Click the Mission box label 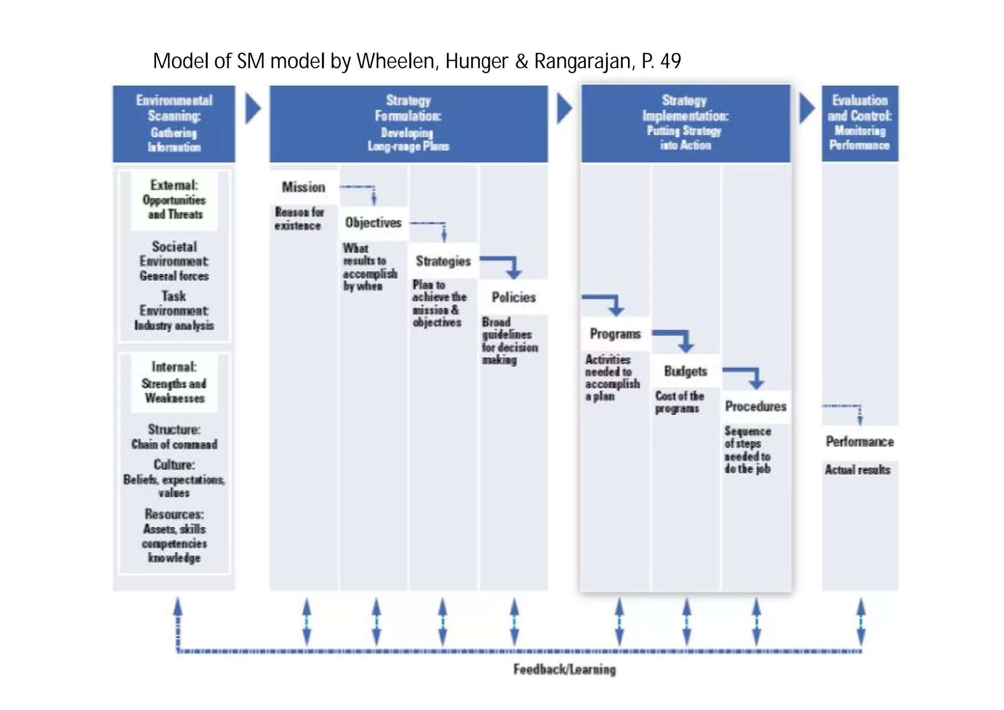tap(303, 187)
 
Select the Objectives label tap(373, 223)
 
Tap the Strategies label tap(443, 261)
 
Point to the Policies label tap(514, 297)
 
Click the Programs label tap(615, 334)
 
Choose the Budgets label tap(685, 371)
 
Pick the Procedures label tap(755, 406)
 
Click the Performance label tap(860, 442)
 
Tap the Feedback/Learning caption tap(564, 669)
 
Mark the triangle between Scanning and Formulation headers tap(252, 108)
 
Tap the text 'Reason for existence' tap(299, 219)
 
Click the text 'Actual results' tap(857, 470)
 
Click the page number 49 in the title tap(671, 61)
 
